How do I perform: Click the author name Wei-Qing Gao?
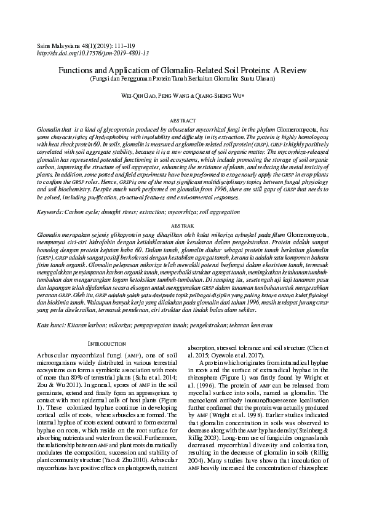(x=138, y=97)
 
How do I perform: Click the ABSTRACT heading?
(x=183, y=121)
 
